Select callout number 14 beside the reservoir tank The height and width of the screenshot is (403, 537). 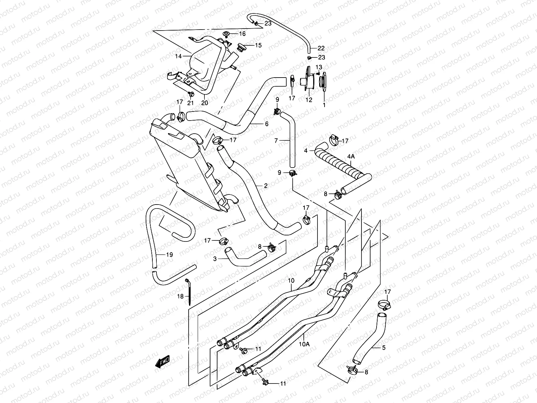tap(178, 56)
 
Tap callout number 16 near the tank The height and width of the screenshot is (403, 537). tap(242, 34)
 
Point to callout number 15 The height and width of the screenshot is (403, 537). tap(258, 45)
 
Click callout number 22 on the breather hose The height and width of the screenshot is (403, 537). tap(321, 48)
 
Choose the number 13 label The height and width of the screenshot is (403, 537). tap(319, 67)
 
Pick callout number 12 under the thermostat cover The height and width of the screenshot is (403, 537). tap(309, 100)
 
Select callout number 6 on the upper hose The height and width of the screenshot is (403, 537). tap(266, 124)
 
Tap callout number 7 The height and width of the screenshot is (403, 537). tap(276, 141)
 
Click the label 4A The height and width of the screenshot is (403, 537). tap(350, 156)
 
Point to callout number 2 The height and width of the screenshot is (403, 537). tap(265, 186)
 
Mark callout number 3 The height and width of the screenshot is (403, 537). tap(215, 259)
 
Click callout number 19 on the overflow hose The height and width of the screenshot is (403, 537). tap(169, 255)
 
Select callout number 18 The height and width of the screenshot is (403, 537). tap(181, 296)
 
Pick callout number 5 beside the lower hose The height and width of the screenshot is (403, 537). tap(384, 348)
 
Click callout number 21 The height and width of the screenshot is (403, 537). tap(190, 103)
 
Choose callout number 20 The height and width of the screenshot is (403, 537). tap(205, 103)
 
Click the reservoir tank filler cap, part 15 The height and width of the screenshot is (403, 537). tap(240, 46)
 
